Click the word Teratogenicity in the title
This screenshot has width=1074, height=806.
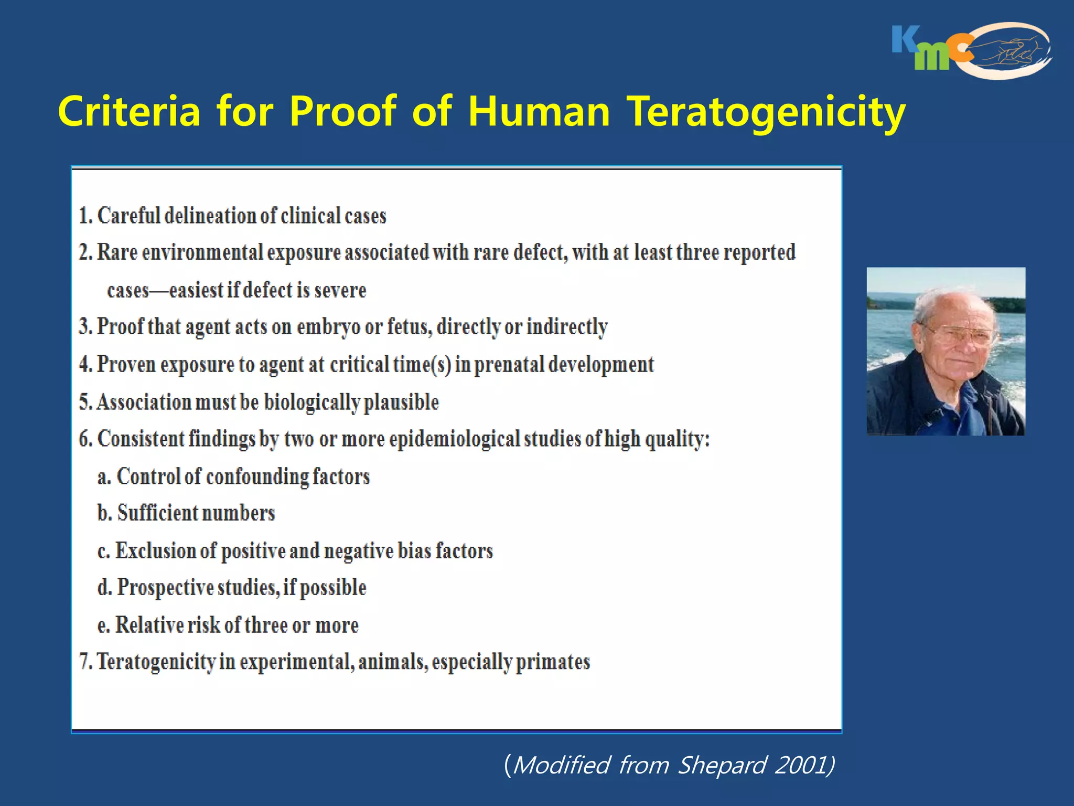(x=767, y=112)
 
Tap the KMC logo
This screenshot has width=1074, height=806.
(x=970, y=51)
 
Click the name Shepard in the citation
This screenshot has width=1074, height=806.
(x=723, y=765)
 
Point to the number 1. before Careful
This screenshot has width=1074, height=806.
(x=86, y=216)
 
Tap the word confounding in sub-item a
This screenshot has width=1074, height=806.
(x=257, y=477)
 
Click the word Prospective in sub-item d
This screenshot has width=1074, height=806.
(x=165, y=587)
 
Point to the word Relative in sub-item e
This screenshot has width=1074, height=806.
(x=149, y=625)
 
